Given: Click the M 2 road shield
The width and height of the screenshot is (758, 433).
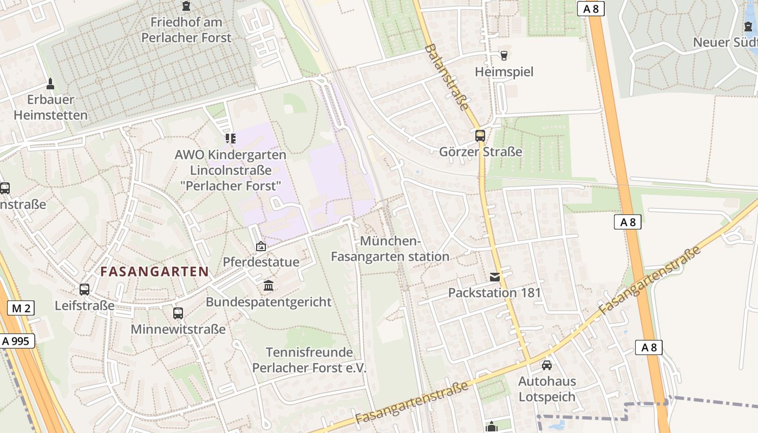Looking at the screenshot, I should pos(21,309).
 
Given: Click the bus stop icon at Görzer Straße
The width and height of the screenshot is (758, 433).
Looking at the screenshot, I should pos(480,136).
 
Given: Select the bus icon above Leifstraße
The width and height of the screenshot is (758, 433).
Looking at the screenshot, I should pos(84,290).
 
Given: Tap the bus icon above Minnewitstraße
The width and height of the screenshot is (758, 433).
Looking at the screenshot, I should pos(178,313).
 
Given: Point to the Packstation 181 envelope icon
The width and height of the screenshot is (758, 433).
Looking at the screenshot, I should pos(495,277).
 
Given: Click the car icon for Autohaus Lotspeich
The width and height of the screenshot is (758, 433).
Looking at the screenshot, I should pos(547,365).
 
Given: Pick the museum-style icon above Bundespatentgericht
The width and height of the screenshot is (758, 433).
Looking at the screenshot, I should pos(269,286).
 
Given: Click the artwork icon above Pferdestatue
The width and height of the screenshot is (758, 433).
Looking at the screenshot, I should pos(261,246).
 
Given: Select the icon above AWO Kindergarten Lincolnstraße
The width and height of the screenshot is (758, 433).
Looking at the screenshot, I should pos(231,139).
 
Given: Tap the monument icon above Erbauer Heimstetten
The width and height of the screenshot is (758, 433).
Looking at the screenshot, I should pos(50,84).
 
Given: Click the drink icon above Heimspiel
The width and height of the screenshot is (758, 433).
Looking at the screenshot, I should pos(504,56).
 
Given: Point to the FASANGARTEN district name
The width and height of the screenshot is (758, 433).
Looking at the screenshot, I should pos(155,272).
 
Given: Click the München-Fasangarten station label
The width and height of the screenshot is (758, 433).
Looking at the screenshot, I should pos(390,248).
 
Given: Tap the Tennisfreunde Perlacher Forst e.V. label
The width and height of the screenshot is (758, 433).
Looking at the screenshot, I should pos(309,360).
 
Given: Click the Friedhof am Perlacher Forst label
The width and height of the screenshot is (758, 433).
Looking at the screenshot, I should pos(186,30).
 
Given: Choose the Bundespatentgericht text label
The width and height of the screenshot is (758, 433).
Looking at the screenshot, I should pos(269,302).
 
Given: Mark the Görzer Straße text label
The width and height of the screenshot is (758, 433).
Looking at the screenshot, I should pos(480,152).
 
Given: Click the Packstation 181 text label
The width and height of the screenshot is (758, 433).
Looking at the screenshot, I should pos(495,293).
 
